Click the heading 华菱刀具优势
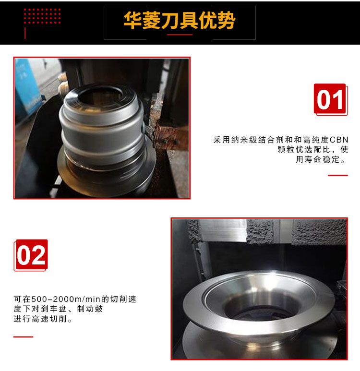[x=180, y=21]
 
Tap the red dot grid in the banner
[x=42, y=16]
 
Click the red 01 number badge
[x=331, y=100]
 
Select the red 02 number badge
[x=31, y=255]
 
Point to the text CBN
[x=339, y=140]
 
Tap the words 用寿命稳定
[x=318, y=159]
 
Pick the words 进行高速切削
[x=40, y=319]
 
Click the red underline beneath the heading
[x=180, y=35]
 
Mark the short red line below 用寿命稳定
[x=338, y=175]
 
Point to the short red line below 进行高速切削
[x=23, y=337]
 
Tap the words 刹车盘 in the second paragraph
[x=54, y=309]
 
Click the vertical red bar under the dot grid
[x=25, y=33]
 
